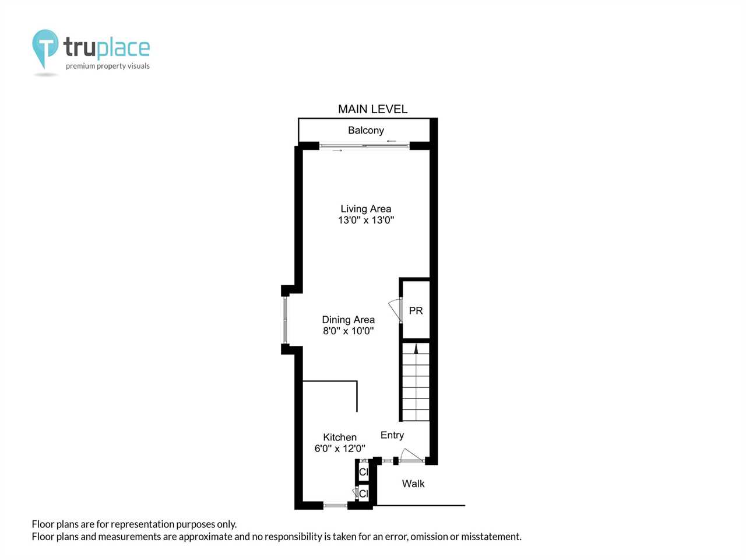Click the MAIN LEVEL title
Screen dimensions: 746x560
(x=372, y=109)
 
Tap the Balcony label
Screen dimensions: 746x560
(x=365, y=130)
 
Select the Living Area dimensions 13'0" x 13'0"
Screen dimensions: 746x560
(x=365, y=220)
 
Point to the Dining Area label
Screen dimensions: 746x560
(x=348, y=320)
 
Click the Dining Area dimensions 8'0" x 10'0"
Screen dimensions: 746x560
(x=348, y=331)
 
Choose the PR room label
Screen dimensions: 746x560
(x=416, y=310)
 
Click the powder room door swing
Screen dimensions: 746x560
(x=395, y=309)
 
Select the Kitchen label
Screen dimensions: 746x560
(x=340, y=437)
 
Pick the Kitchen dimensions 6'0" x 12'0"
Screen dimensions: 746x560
(x=340, y=449)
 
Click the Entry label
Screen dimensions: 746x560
(x=392, y=435)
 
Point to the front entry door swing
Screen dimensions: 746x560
(x=412, y=454)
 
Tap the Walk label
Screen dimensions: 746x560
(x=413, y=484)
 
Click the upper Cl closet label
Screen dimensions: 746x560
(x=363, y=472)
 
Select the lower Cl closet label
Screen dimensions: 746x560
(x=363, y=494)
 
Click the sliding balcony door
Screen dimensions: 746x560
(x=364, y=146)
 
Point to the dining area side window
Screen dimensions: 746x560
(x=285, y=320)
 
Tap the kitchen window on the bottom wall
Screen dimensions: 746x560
(x=335, y=506)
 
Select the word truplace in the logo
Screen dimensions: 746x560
(x=107, y=47)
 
